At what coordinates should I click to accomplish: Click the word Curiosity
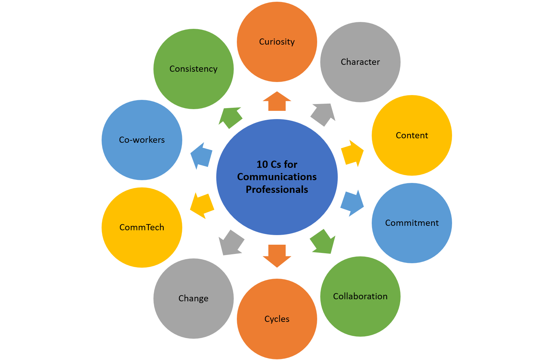pos(277,42)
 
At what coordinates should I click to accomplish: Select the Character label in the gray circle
pos(360,62)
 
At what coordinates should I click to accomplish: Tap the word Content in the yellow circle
pos(412,136)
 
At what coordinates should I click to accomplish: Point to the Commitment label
pos(412,223)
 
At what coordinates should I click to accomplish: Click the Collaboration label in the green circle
pos(360,297)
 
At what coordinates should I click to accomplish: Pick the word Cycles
pos(277,319)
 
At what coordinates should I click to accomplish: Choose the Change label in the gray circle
pos(193,299)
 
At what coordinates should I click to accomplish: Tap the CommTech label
pos(142,228)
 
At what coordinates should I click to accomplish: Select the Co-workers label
pos(142,140)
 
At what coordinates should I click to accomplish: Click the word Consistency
pos(193,69)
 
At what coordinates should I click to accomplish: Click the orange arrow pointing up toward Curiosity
pos(277,102)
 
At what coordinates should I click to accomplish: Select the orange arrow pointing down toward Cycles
pos(277,255)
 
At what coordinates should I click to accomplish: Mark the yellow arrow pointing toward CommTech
pos(202,205)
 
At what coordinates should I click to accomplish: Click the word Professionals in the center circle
pos(277,189)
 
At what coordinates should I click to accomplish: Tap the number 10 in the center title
pos(262,164)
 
